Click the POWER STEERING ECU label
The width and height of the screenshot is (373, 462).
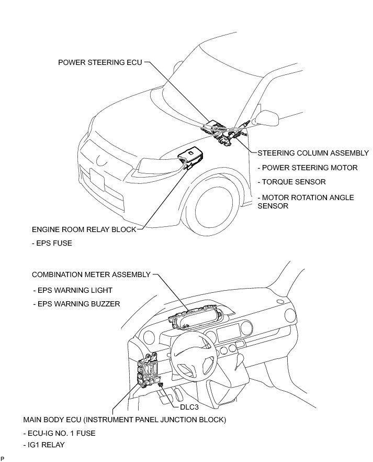point(100,62)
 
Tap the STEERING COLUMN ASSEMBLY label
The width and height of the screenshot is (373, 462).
point(313,153)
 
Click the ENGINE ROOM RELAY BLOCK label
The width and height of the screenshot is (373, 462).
point(84,229)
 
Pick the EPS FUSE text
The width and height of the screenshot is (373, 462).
point(52,243)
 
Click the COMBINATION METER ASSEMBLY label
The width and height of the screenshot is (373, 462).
point(91,274)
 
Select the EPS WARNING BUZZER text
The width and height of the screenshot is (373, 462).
point(76,303)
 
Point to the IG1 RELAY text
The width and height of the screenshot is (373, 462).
point(44,446)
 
